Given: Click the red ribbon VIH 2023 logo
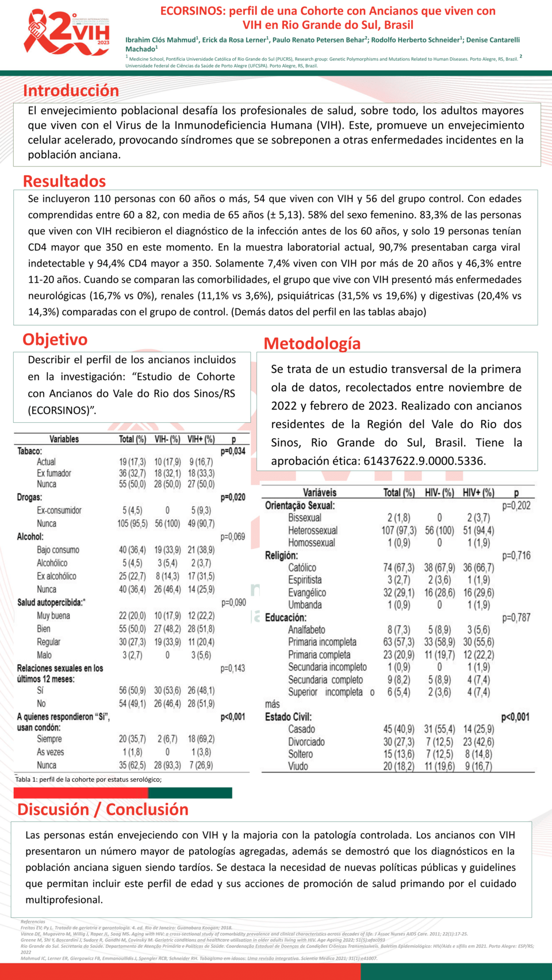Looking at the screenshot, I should pos(66,33).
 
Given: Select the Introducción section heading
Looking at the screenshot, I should pos(71,91).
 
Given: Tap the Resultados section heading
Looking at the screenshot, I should pos(64,181).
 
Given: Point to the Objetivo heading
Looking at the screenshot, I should pos(55,339).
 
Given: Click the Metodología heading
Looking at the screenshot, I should pos(312,344).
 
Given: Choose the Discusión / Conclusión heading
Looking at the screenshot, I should pos(103,809).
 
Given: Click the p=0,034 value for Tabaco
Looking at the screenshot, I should pos(233,452).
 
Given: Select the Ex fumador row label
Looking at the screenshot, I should pos(54,473).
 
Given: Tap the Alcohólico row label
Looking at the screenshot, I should pos(52,563).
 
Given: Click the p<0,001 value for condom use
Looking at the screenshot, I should pos(233,717).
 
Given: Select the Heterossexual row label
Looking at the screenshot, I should pos(313,530).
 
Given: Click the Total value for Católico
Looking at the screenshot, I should pos(398,568).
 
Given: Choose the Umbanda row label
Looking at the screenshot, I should pos(305,605).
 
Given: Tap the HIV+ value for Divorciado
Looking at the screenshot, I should pos(479,742).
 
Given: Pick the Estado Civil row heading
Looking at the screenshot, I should pos(288,717).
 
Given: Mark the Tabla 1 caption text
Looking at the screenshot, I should pos(88,780).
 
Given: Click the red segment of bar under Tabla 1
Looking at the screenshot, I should pos(80,793).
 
